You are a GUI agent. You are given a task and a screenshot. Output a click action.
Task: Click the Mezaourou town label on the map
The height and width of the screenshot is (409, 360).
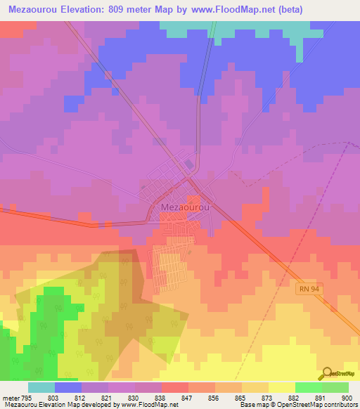tap(185, 207)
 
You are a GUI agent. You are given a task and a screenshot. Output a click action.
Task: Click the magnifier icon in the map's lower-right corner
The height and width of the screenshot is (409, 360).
tap(326, 372)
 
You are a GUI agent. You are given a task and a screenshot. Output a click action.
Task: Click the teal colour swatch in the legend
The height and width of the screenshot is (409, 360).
tap(41, 387)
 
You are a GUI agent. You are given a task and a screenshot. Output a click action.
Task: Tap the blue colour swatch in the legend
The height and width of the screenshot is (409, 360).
tap(68, 387)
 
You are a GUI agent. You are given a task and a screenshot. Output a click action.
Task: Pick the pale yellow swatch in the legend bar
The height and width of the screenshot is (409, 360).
tap(281, 387)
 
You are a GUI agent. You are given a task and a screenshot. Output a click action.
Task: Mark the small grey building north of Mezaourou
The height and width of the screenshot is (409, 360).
tap(188, 164)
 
